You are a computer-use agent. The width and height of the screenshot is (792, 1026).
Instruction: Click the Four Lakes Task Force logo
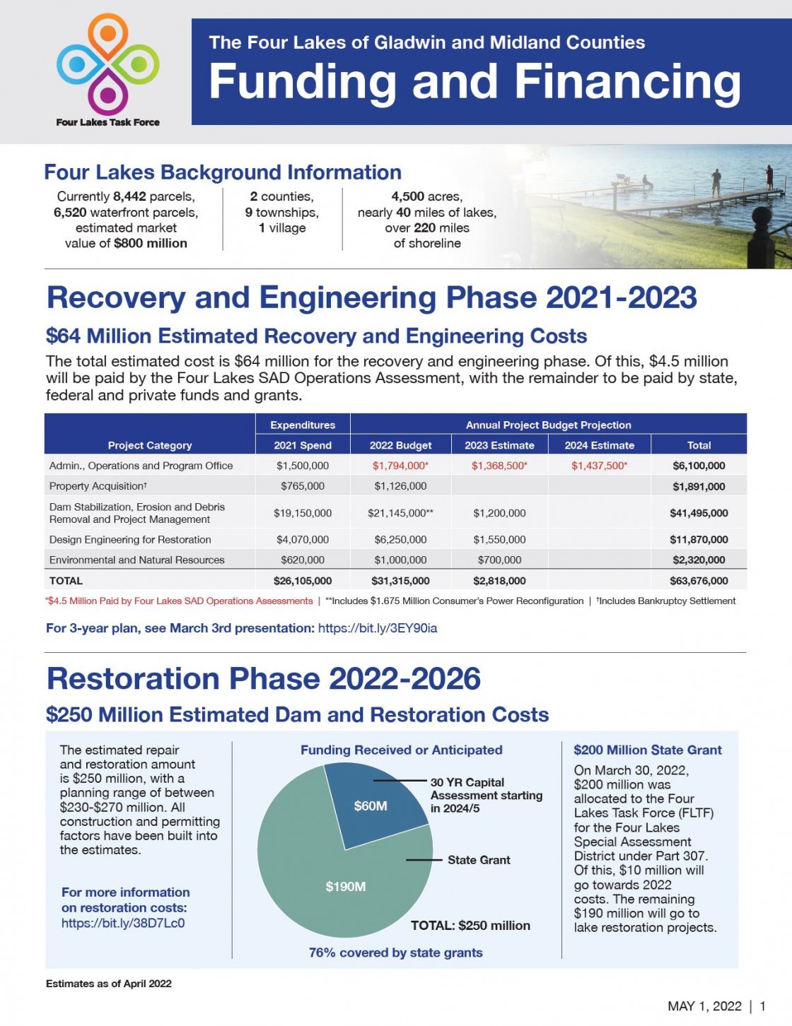click(108, 69)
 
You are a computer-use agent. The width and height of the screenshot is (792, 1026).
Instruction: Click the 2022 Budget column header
click(400, 445)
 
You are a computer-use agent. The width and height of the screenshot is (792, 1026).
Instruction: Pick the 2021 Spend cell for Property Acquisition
click(303, 486)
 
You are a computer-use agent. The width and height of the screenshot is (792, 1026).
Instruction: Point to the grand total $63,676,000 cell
click(699, 581)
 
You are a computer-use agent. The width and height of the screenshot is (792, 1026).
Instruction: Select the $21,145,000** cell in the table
click(400, 513)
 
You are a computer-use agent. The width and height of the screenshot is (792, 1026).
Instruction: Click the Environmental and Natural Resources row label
click(136, 560)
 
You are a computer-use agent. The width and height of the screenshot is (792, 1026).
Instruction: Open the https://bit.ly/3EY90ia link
click(378, 628)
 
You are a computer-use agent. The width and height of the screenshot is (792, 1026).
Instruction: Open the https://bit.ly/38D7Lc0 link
click(123, 923)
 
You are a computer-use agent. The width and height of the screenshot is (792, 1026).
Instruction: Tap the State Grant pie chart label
click(479, 860)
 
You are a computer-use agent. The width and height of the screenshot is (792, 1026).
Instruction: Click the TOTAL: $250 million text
click(470, 926)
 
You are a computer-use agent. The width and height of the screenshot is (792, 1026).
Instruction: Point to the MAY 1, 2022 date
click(704, 1006)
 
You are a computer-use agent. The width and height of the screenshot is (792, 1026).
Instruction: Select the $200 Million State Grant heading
click(648, 750)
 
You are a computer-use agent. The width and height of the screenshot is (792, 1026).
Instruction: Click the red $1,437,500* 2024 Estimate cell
click(599, 466)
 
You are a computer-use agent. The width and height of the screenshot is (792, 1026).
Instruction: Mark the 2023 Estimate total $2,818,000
click(499, 581)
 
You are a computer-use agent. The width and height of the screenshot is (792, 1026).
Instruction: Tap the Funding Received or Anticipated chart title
click(401, 750)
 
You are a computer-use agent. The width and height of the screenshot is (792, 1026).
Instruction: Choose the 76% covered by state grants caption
click(395, 953)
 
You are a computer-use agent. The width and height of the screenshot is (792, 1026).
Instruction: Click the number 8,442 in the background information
click(129, 196)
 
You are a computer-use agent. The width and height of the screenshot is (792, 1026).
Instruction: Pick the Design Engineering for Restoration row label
click(130, 540)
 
